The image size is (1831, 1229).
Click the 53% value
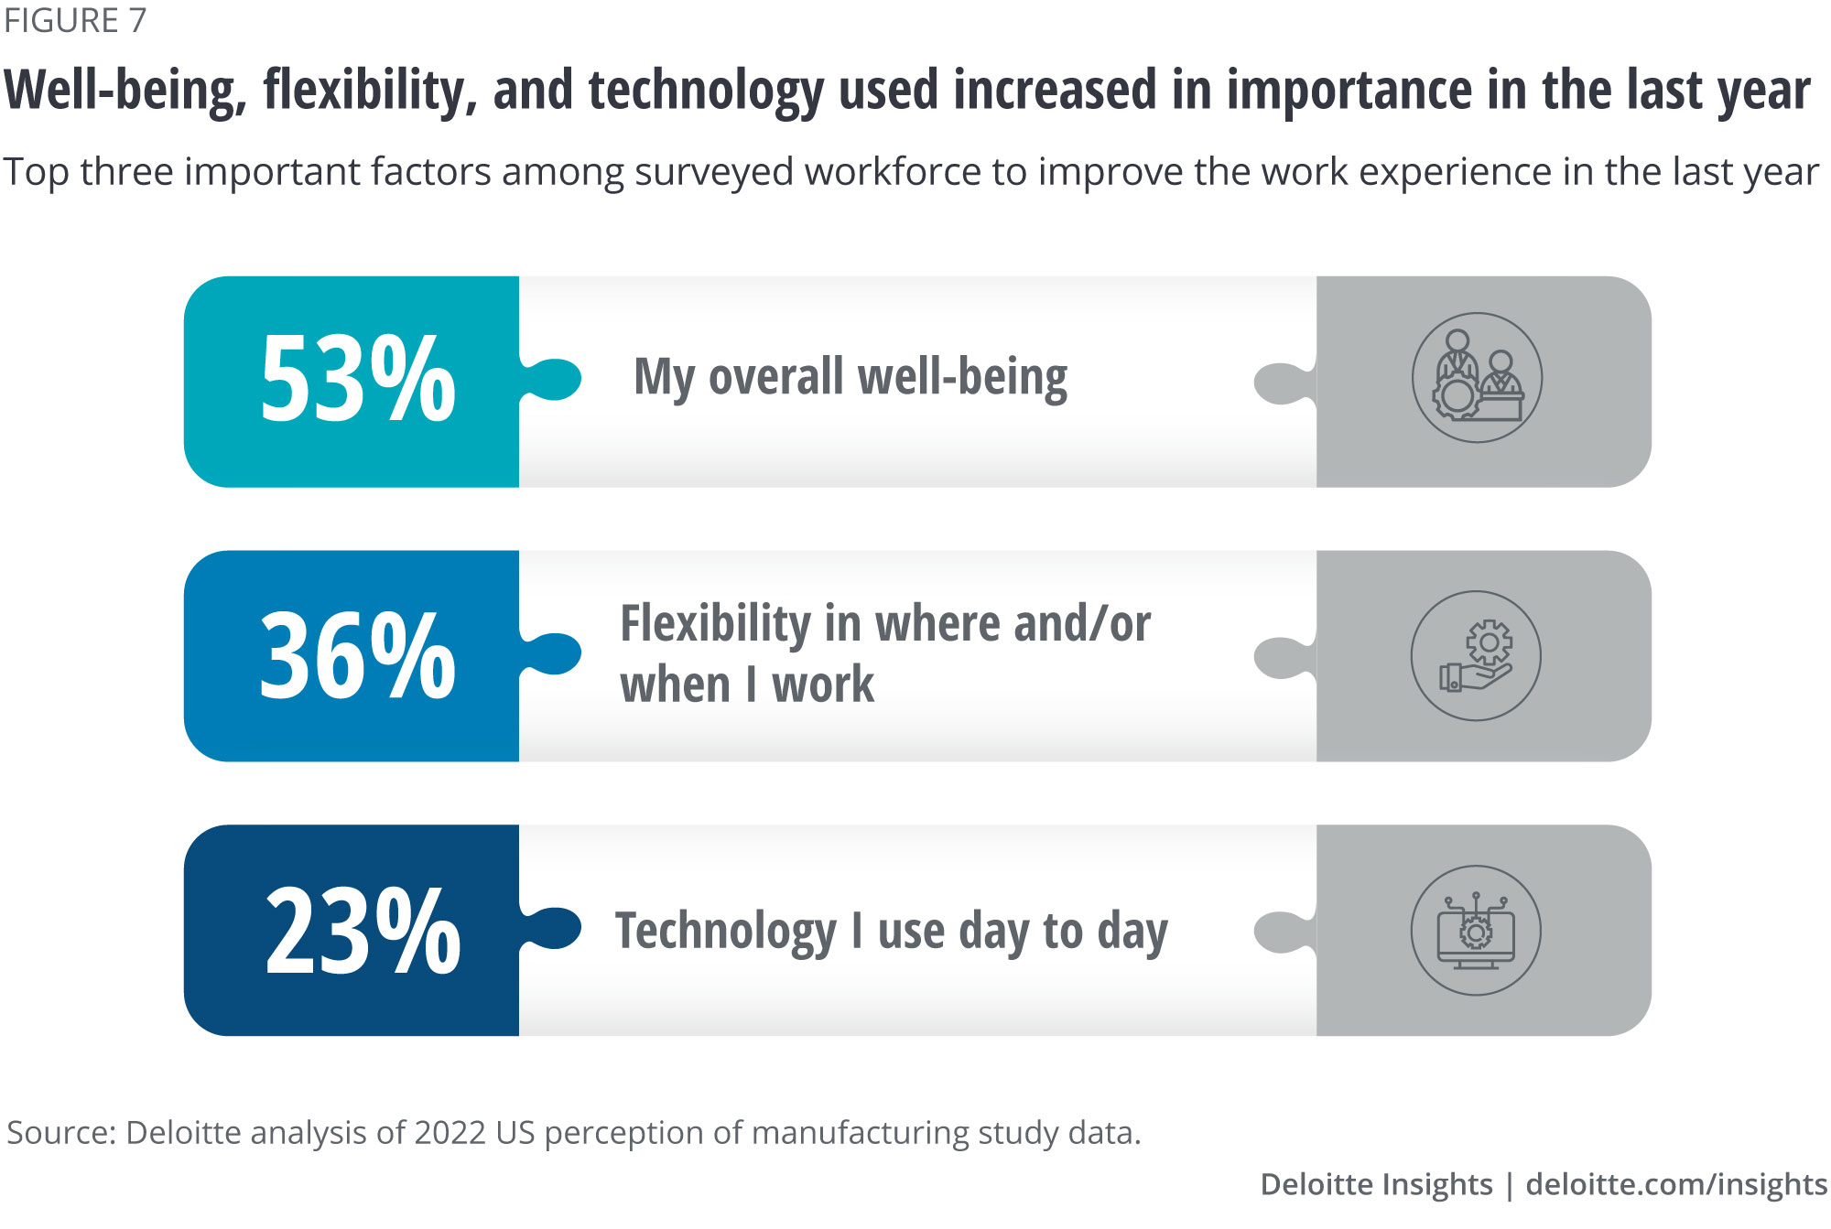358,379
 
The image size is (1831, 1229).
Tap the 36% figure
358,655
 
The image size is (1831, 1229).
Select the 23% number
363,931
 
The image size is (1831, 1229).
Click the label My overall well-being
850,377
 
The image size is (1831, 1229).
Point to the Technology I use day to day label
891,932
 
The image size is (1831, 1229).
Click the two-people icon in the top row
1477,378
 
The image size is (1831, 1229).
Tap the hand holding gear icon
1476,656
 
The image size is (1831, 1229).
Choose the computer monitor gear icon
1476,931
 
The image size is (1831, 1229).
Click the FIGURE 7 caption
75,20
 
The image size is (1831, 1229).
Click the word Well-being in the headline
125,91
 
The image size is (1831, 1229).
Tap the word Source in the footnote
60,1133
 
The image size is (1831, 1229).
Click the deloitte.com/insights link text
1676,1184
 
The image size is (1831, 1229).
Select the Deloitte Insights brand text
1376,1184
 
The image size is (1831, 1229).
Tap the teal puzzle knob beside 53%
557,379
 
